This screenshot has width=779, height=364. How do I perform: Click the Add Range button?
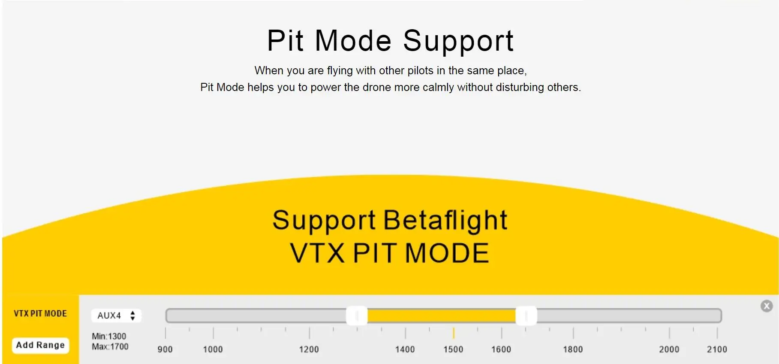40,345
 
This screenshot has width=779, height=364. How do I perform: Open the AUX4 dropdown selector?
116,315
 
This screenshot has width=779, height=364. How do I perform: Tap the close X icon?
767,306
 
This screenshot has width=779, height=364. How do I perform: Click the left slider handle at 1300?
357,316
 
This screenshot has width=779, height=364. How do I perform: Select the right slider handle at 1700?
526,316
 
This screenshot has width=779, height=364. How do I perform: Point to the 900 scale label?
165,349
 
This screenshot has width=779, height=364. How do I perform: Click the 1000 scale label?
213,349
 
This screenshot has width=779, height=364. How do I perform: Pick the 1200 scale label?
309,349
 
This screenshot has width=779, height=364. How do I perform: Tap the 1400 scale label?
405,349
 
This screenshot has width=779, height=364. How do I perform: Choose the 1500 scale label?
453,349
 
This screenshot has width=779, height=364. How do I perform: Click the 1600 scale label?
501,349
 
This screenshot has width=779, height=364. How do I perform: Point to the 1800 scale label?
573,349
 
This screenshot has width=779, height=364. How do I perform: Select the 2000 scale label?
669,349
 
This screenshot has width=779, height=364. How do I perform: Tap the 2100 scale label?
717,349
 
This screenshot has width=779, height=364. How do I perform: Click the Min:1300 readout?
109,337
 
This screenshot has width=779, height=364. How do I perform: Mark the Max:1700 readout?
110,346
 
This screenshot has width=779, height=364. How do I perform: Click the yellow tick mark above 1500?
454,333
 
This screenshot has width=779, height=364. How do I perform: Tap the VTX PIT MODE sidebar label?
40,314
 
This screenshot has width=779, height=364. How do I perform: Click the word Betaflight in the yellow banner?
445,220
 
